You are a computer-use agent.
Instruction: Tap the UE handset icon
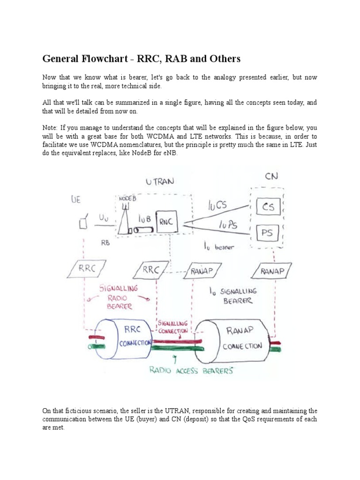[83, 224]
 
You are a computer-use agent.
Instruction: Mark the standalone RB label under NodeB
[105, 243]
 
